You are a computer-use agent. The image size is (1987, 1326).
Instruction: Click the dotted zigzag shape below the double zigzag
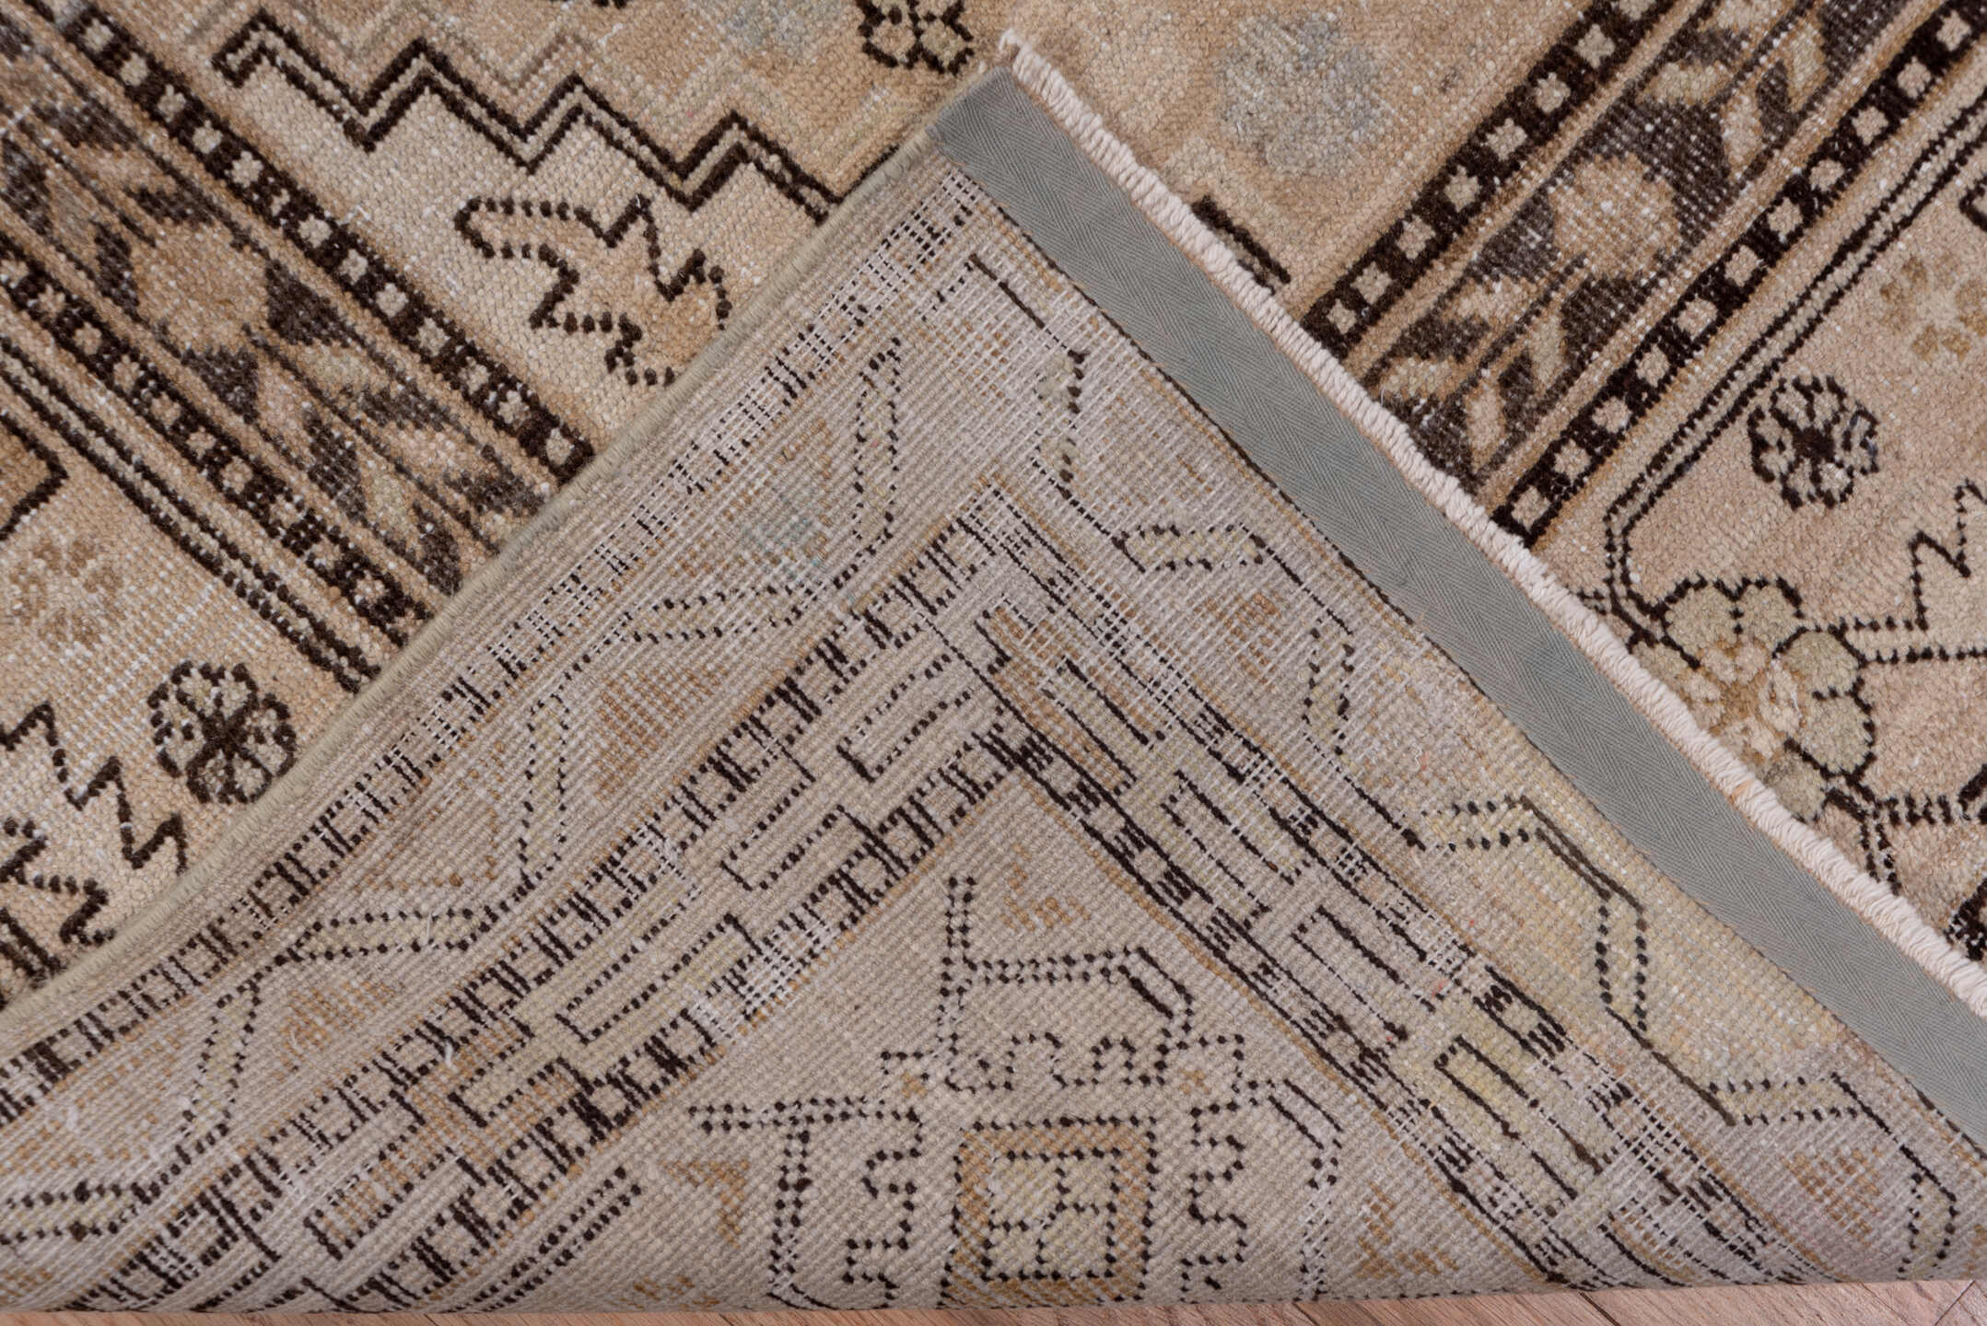(x=590, y=276)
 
